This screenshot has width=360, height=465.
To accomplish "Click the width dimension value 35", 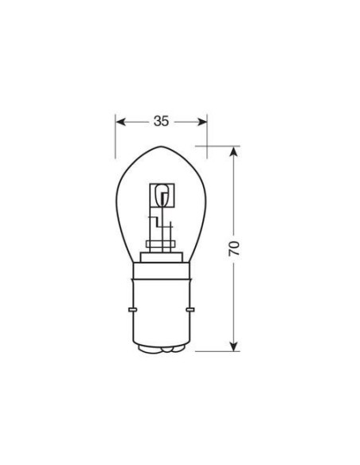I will point(162,122).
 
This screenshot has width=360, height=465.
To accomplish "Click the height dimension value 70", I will point(234,247).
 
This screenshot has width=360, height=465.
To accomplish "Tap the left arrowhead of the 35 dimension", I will point(120,122).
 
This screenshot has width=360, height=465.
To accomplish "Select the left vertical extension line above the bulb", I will point(116,131).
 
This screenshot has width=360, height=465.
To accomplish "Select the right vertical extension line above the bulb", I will point(207,131).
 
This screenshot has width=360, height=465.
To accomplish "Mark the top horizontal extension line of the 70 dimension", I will point(219,146).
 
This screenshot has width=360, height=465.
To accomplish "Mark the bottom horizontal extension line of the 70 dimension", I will point(219,350).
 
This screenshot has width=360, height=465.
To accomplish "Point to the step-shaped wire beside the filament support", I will point(151,223).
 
